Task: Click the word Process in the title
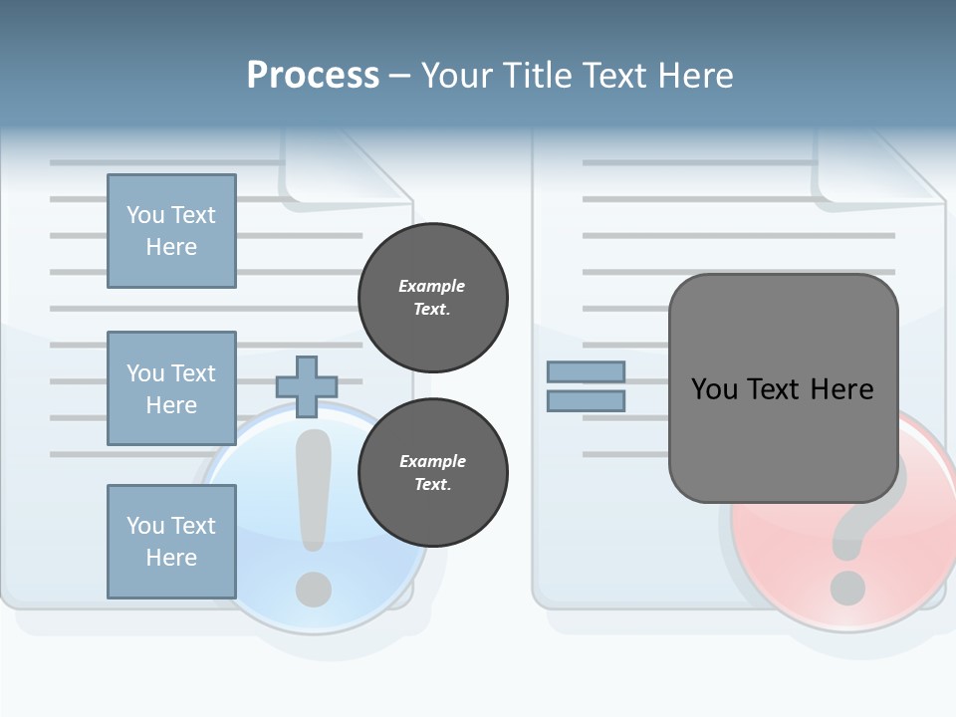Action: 313,76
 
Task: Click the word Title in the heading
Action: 538,76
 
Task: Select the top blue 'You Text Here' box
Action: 171,231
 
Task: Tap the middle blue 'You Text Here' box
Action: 171,388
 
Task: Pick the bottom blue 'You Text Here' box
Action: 171,542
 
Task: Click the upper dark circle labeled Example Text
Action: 433,297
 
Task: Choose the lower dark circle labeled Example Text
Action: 433,472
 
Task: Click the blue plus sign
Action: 306,386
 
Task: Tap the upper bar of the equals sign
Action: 586,371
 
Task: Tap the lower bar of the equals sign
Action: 586,401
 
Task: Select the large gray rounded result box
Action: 783,388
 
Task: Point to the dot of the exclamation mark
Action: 314,587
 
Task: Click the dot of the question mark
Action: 846,587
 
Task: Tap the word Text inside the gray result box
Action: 783,389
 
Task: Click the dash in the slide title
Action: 400,76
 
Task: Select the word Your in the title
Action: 459,76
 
